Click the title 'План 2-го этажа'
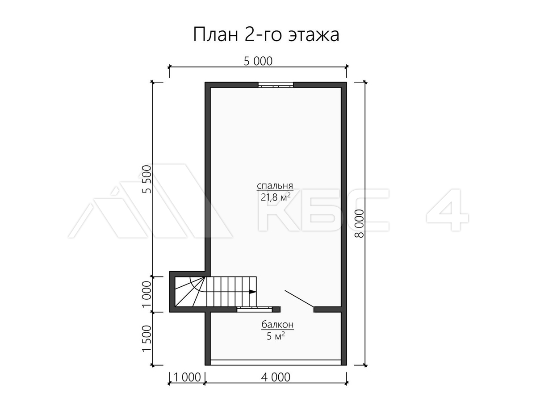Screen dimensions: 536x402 (266, 35)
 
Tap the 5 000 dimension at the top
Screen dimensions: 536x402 (258, 61)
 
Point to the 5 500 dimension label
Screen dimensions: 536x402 (147, 179)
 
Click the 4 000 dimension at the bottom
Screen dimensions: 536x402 (276, 377)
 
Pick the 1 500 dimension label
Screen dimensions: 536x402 (147, 339)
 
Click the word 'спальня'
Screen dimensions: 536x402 (275, 186)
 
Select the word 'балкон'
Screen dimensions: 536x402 (277, 325)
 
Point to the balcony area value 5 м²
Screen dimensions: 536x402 (276, 336)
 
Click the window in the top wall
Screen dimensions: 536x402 (276, 85)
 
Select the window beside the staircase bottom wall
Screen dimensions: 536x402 (255, 309)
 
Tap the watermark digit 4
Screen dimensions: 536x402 (448, 209)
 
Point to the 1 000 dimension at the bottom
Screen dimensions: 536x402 (187, 377)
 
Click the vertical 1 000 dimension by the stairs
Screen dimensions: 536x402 (147, 294)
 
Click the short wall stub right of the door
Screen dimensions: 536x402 (327, 309)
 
